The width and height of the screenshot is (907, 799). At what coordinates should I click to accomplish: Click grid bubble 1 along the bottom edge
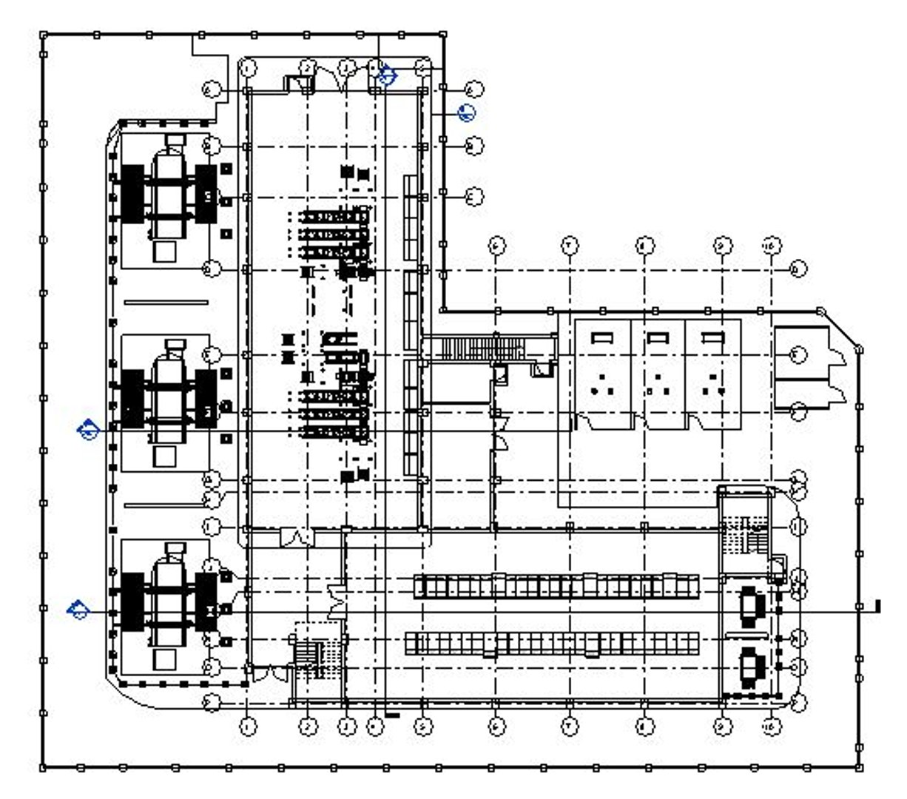248,727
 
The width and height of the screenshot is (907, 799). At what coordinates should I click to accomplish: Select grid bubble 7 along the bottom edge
569,727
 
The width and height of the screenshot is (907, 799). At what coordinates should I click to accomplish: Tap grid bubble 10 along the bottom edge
772,727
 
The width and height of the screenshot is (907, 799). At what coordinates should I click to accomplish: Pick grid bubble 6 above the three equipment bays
497,245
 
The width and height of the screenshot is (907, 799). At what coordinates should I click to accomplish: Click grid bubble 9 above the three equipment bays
723,245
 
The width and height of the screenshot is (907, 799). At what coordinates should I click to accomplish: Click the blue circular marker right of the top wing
466,112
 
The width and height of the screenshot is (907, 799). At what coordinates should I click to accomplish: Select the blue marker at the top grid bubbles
387,75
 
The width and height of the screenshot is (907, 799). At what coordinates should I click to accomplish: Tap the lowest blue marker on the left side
77,610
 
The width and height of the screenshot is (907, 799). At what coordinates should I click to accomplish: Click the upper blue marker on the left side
88,429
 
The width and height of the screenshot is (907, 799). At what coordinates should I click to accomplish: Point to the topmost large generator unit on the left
169,196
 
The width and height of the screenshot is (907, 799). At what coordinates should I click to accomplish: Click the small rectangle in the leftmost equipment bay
602,337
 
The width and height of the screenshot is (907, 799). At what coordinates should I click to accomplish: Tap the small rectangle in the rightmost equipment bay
712,337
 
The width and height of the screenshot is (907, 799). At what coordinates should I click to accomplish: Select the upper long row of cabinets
556,586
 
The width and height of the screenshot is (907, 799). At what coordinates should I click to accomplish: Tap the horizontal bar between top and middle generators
166,301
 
